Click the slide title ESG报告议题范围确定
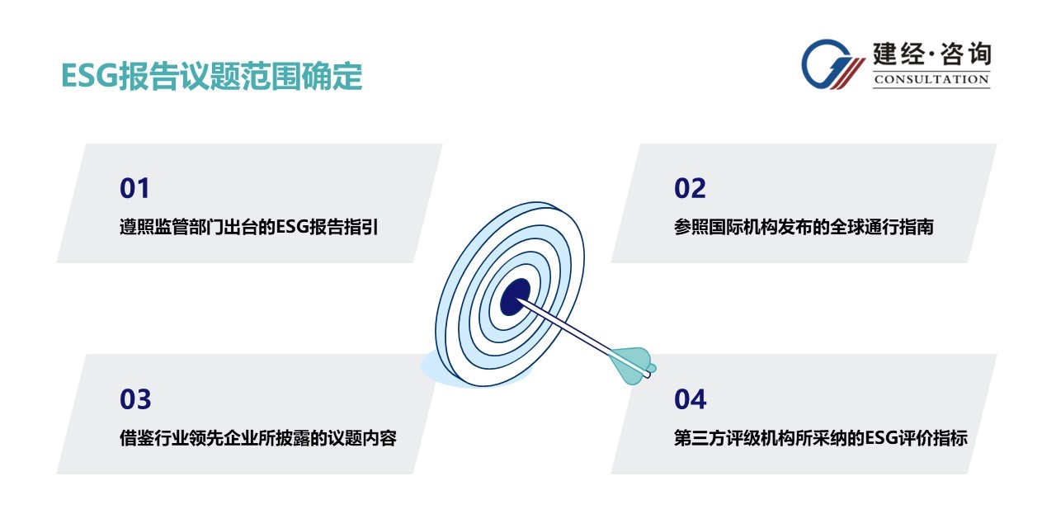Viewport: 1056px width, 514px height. point(212,76)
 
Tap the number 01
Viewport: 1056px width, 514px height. point(134,188)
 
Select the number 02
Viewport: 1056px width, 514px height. point(690,188)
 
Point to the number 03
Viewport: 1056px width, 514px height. point(135,399)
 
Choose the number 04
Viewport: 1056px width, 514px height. point(691,399)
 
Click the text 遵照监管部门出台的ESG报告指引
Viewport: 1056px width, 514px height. point(248,227)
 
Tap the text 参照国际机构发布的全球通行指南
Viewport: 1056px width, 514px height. point(804,227)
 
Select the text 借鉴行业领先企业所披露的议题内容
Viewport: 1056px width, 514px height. point(258,438)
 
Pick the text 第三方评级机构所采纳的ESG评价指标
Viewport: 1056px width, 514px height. point(820,438)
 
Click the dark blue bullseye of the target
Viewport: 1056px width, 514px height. point(515,297)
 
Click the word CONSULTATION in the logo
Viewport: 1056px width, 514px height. point(931,79)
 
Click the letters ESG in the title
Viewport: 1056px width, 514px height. point(89,76)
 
